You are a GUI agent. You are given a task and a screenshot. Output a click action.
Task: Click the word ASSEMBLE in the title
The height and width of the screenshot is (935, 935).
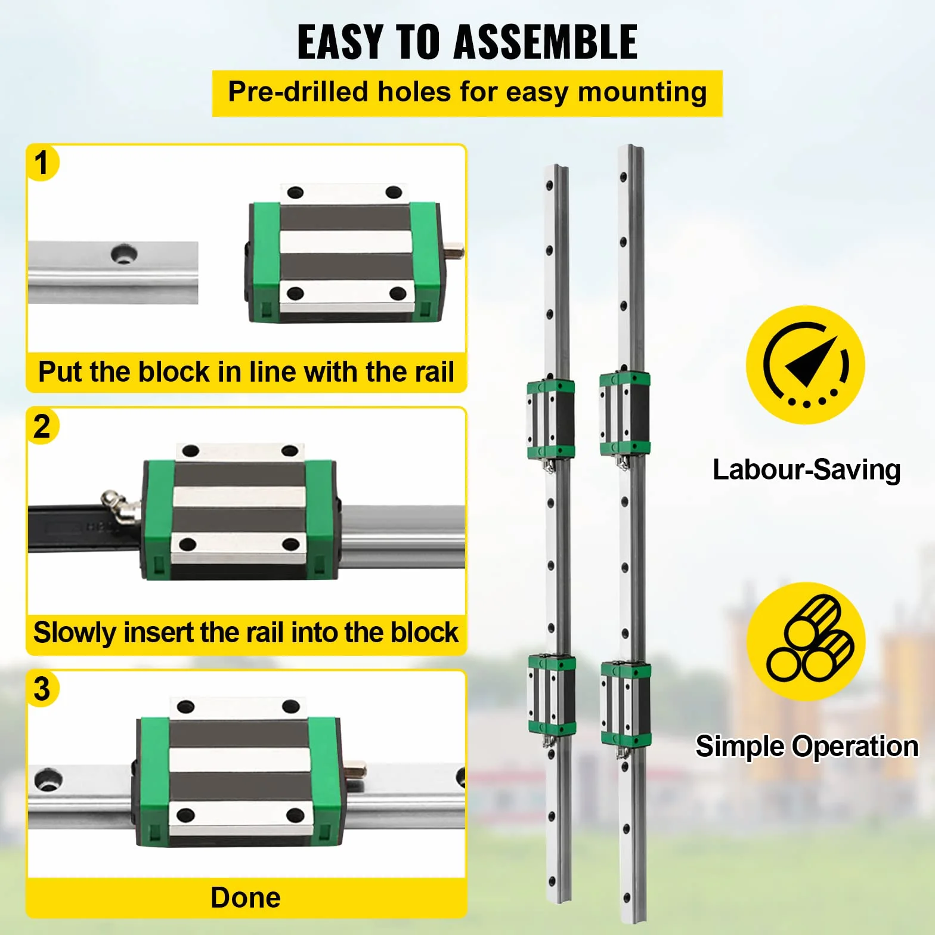[546, 42]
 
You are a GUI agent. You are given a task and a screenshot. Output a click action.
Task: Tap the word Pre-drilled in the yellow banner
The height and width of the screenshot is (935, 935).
[298, 92]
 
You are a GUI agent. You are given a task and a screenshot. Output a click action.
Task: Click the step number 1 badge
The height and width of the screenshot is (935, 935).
[42, 163]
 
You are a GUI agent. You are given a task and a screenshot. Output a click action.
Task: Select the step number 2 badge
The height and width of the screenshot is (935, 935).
[42, 426]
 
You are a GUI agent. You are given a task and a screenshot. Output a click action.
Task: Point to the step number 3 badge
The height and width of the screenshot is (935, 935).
[42, 689]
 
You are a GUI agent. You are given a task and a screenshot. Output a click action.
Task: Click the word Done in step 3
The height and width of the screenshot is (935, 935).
[246, 897]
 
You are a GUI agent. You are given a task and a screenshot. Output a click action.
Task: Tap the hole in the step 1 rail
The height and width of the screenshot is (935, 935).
[124, 254]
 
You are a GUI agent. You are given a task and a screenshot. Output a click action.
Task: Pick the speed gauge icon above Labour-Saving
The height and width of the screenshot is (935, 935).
[806, 365]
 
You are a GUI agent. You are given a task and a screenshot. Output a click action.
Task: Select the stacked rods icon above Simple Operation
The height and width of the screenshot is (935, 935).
[806, 641]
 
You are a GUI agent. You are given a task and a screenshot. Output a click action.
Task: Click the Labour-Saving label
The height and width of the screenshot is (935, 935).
[806, 470]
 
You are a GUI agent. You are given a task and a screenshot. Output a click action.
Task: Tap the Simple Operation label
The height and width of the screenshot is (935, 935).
[807, 747]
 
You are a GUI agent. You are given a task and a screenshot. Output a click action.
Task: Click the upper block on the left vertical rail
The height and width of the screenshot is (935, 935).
[550, 420]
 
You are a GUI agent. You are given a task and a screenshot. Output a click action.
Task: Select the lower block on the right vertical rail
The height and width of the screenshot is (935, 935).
[626, 704]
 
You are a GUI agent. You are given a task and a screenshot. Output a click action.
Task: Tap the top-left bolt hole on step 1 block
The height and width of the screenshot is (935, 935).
[295, 193]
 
